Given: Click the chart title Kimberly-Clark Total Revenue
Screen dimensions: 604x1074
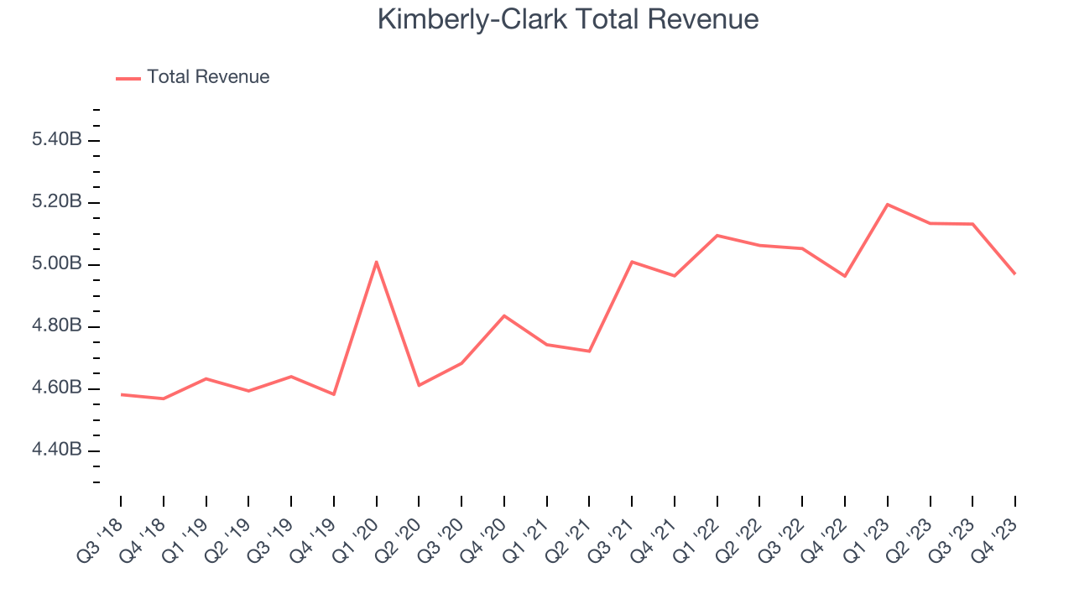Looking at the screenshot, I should click(568, 19).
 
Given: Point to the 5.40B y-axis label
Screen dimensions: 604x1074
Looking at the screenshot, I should click(56, 140).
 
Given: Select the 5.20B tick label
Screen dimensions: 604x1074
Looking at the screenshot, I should click(56, 202).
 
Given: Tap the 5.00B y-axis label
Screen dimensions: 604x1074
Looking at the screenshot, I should click(56, 264).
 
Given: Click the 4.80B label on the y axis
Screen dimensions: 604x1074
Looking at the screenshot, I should click(56, 326).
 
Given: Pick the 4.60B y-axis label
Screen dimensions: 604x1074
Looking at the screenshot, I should click(56, 388).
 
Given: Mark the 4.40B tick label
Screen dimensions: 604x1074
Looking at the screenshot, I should click(56, 450).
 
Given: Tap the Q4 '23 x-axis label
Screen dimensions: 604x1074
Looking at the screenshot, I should click(997, 537).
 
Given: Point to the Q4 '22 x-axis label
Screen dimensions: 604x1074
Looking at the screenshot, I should click(826, 537).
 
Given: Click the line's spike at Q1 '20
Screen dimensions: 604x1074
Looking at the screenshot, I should click(377, 262).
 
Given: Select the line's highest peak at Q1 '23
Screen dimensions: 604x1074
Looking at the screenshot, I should click(888, 205).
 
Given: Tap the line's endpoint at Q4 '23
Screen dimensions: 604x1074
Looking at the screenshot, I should click(1015, 273).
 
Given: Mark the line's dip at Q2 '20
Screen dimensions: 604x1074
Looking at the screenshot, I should click(419, 385).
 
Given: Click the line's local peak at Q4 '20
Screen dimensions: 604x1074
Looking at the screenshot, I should click(504, 315).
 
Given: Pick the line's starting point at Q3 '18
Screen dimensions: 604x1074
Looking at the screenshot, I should click(121, 394).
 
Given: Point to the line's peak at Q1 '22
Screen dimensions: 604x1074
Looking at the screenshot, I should click(717, 236).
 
